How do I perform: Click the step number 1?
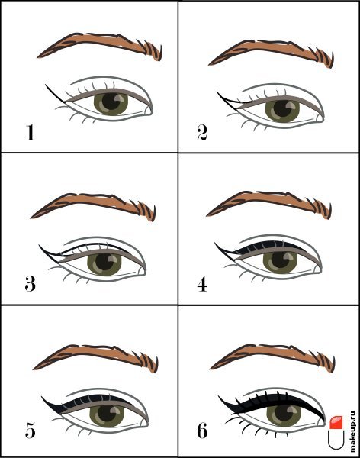coord(30,133)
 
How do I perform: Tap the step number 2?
coord(202,133)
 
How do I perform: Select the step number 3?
coord(30,284)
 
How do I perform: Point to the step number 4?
coord(202,284)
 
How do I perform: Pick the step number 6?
coord(202,431)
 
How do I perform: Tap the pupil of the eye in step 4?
coord(281,259)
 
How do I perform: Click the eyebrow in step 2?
coord(272,53)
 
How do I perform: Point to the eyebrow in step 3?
coord(93,206)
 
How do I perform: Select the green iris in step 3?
coord(104,264)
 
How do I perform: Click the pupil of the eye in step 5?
coord(107,413)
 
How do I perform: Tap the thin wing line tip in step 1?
coord(46,85)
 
